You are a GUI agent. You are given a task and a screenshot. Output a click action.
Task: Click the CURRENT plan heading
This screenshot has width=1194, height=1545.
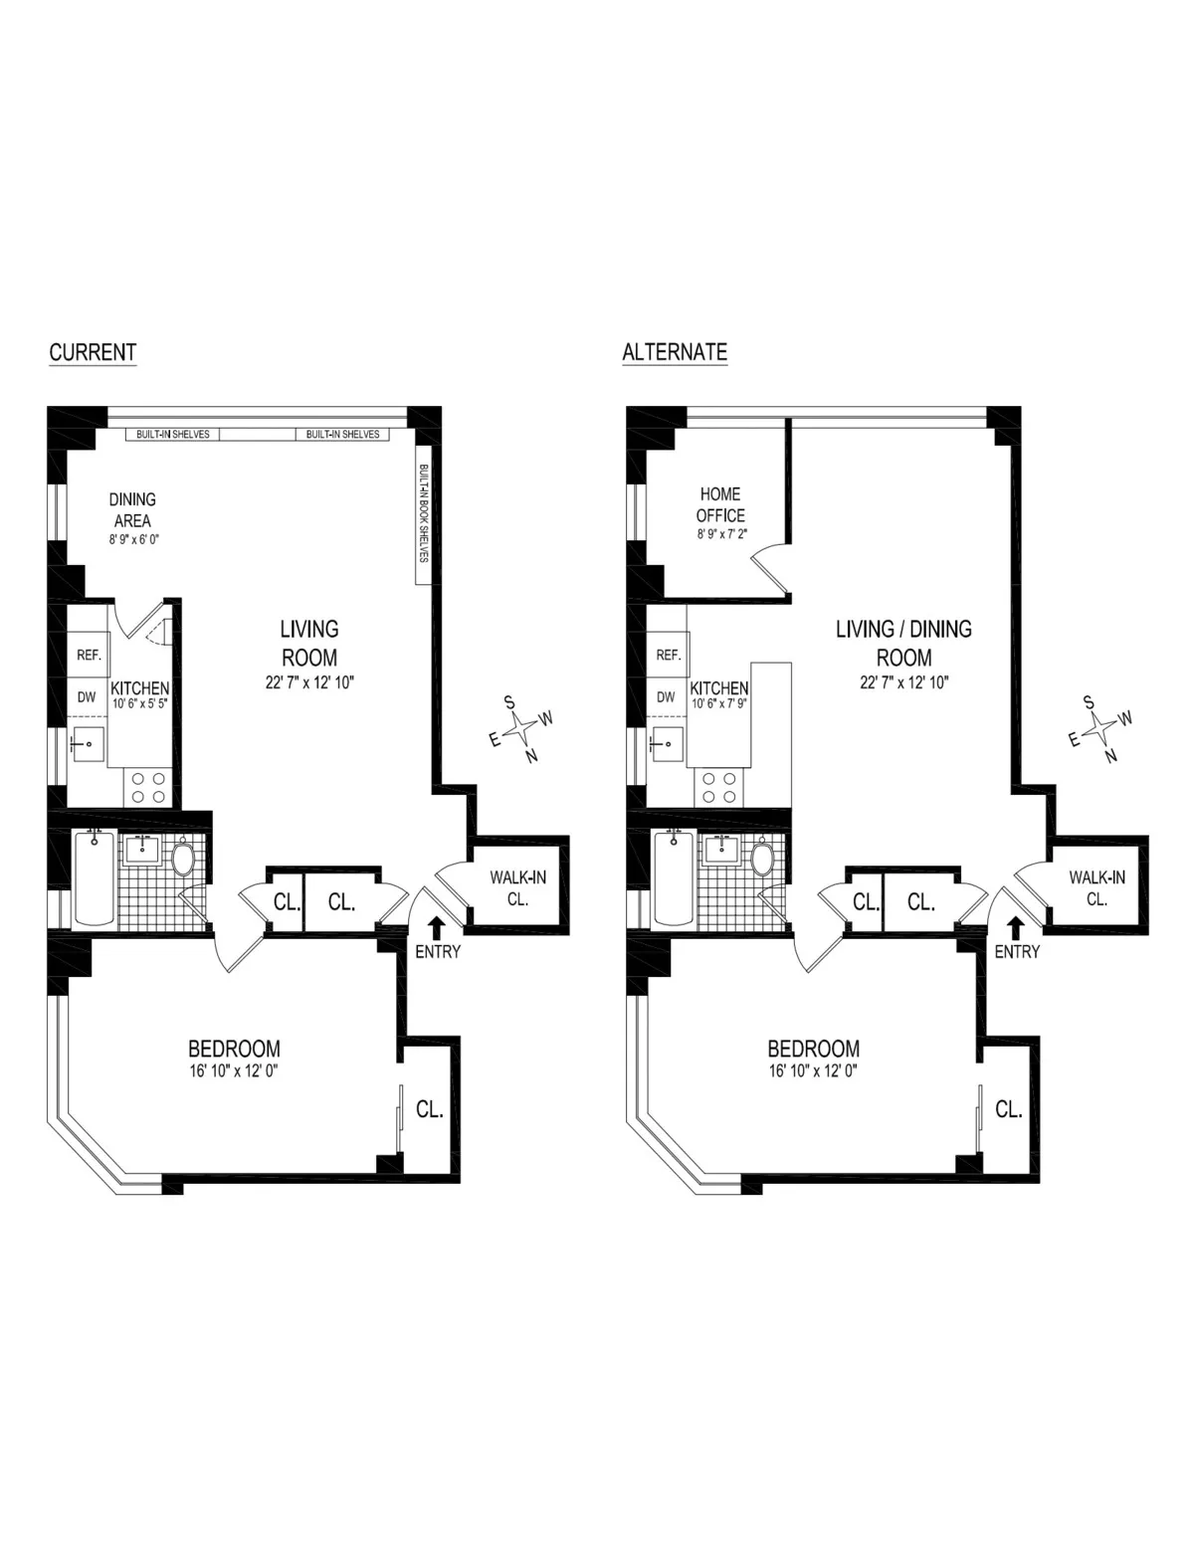point(93,352)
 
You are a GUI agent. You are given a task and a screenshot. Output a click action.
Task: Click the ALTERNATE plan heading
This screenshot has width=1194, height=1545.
point(674,352)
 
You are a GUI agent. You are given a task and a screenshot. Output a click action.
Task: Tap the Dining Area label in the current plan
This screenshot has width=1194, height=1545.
point(132,509)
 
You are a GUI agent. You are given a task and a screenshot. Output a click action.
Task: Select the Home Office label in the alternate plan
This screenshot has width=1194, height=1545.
point(720,504)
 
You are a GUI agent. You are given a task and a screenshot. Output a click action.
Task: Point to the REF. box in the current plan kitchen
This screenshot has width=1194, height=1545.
point(88,655)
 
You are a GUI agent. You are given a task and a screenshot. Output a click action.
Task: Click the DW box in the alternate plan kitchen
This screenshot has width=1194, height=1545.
point(666,696)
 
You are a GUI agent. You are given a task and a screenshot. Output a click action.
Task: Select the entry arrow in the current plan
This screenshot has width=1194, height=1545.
point(436,927)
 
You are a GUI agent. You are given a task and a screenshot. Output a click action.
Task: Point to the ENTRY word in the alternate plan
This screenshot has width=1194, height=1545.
point(1017,952)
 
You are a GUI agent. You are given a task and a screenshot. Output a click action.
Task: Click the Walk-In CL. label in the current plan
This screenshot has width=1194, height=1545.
point(517,887)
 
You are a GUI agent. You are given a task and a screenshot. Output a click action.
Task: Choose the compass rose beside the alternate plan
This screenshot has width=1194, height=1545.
point(1100,728)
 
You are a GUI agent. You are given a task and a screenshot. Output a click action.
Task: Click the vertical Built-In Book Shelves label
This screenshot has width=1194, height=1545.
point(423,513)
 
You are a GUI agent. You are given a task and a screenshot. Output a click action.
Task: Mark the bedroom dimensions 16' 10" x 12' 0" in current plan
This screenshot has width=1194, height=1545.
point(234,1071)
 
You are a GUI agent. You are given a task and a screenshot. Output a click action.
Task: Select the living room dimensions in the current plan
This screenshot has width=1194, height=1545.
point(308,682)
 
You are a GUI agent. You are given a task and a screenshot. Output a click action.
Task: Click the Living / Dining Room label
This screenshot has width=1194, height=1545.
point(903,643)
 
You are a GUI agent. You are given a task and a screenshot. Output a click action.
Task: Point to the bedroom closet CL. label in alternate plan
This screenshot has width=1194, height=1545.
point(1009,1108)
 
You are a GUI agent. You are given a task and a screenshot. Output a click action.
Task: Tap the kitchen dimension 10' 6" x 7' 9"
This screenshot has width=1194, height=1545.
point(719,703)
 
